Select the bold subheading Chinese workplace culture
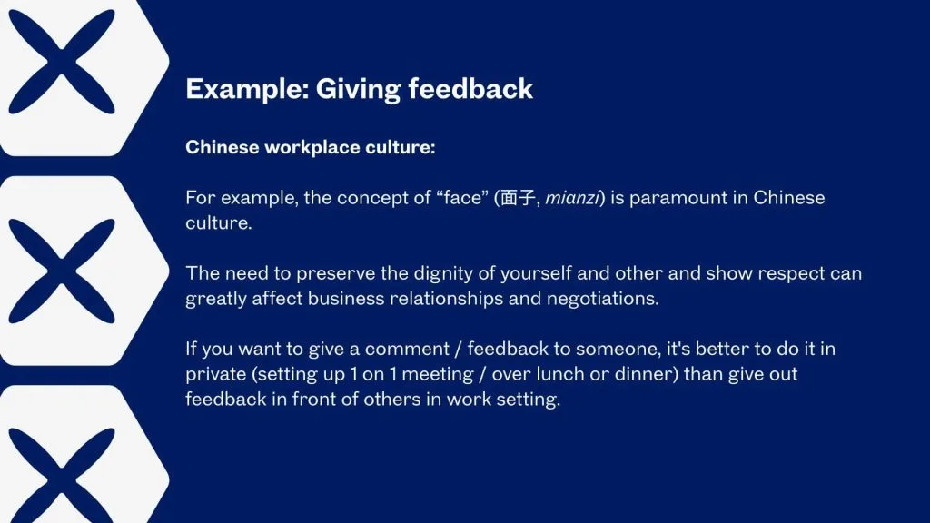click(x=311, y=147)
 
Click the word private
click(x=214, y=374)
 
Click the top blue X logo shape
click(x=59, y=59)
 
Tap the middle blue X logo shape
click(x=59, y=269)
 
